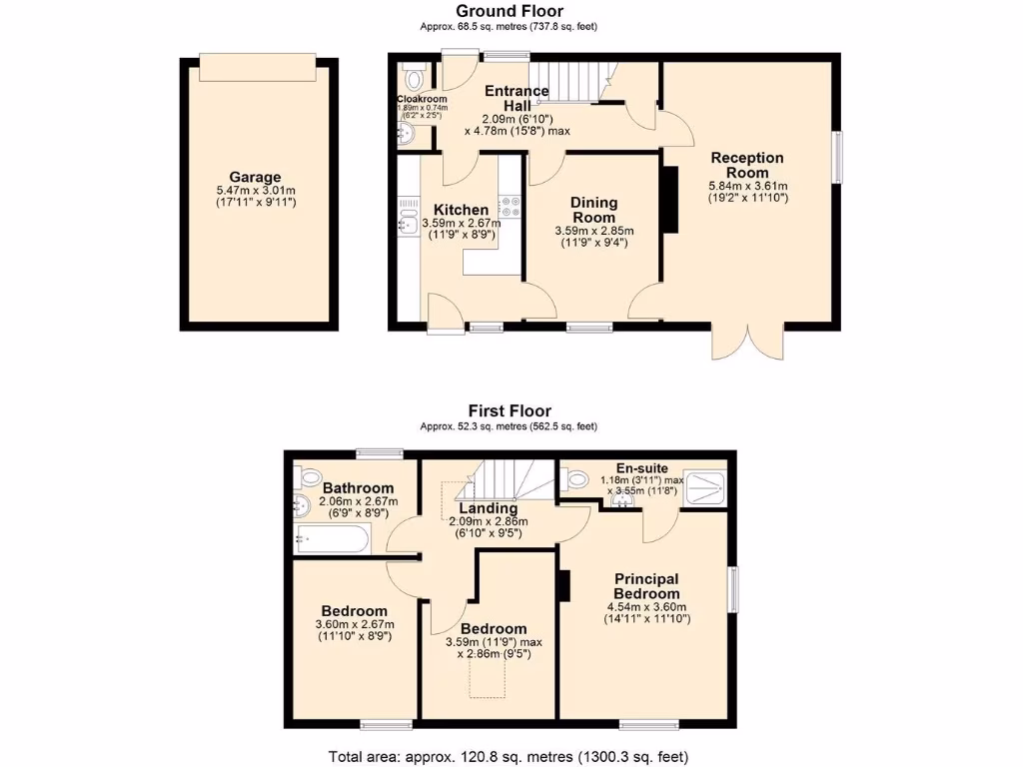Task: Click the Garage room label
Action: tap(256, 177)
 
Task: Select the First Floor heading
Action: tap(511, 410)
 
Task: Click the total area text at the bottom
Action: tap(509, 756)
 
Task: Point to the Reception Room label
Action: tap(747, 165)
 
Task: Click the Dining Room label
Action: tap(593, 210)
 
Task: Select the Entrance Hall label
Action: tap(516, 98)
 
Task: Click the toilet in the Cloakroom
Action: tap(415, 78)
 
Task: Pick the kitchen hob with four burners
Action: tap(511, 206)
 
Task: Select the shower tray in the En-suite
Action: tap(705, 486)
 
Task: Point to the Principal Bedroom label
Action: tap(646, 586)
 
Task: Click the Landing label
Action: tap(488, 507)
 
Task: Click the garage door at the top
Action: tap(255, 67)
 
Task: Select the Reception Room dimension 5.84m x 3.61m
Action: tap(747, 186)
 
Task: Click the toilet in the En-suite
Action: tap(574, 478)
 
